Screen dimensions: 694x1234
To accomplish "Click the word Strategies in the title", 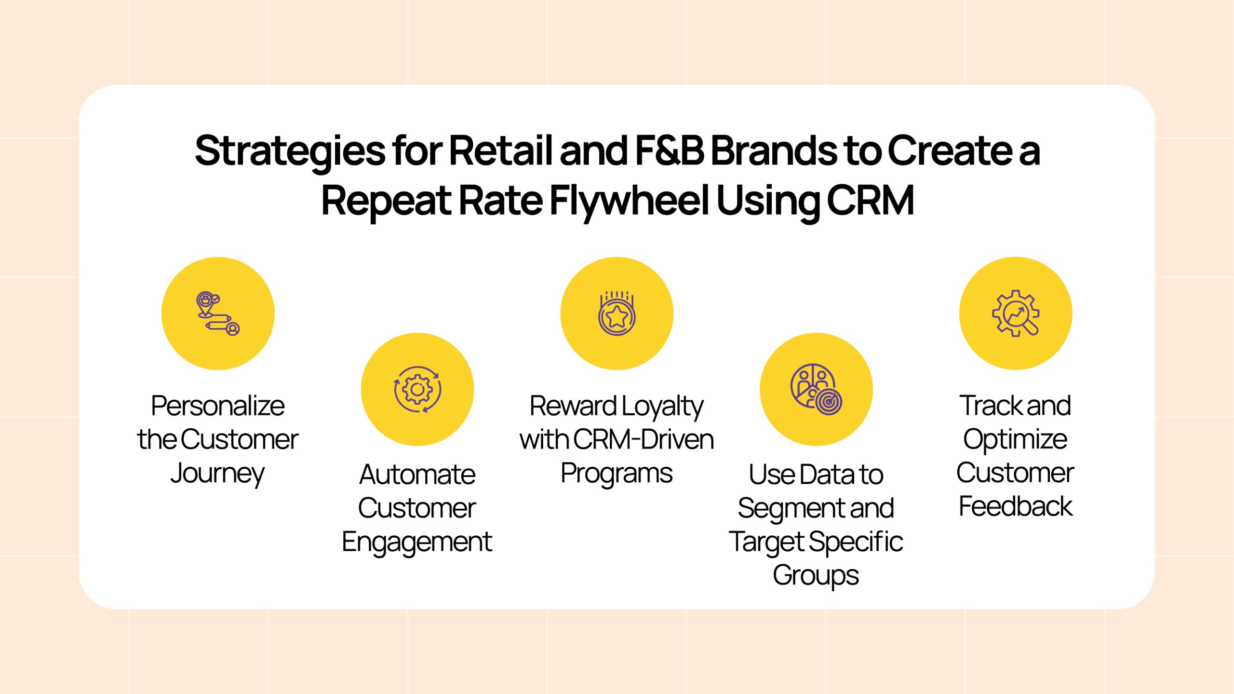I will [290, 151].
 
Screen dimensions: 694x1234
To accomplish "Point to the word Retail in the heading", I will [501, 150].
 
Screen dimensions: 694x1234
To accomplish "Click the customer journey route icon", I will [218, 313].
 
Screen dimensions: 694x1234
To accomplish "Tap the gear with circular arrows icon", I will [417, 389].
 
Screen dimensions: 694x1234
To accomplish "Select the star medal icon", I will [617, 313].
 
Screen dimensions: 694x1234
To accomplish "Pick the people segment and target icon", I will [816, 389].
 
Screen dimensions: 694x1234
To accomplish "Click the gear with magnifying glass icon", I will [1015, 313].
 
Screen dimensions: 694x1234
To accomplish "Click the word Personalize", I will [218, 406].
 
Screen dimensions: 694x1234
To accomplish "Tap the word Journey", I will [218, 474].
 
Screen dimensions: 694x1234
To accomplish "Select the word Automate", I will [417, 475].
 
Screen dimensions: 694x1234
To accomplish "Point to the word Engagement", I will [417, 542].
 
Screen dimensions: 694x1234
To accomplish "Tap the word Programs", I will [617, 474].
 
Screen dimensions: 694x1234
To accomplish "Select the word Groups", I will [816, 576].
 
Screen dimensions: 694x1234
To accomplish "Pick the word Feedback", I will [1015, 506].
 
